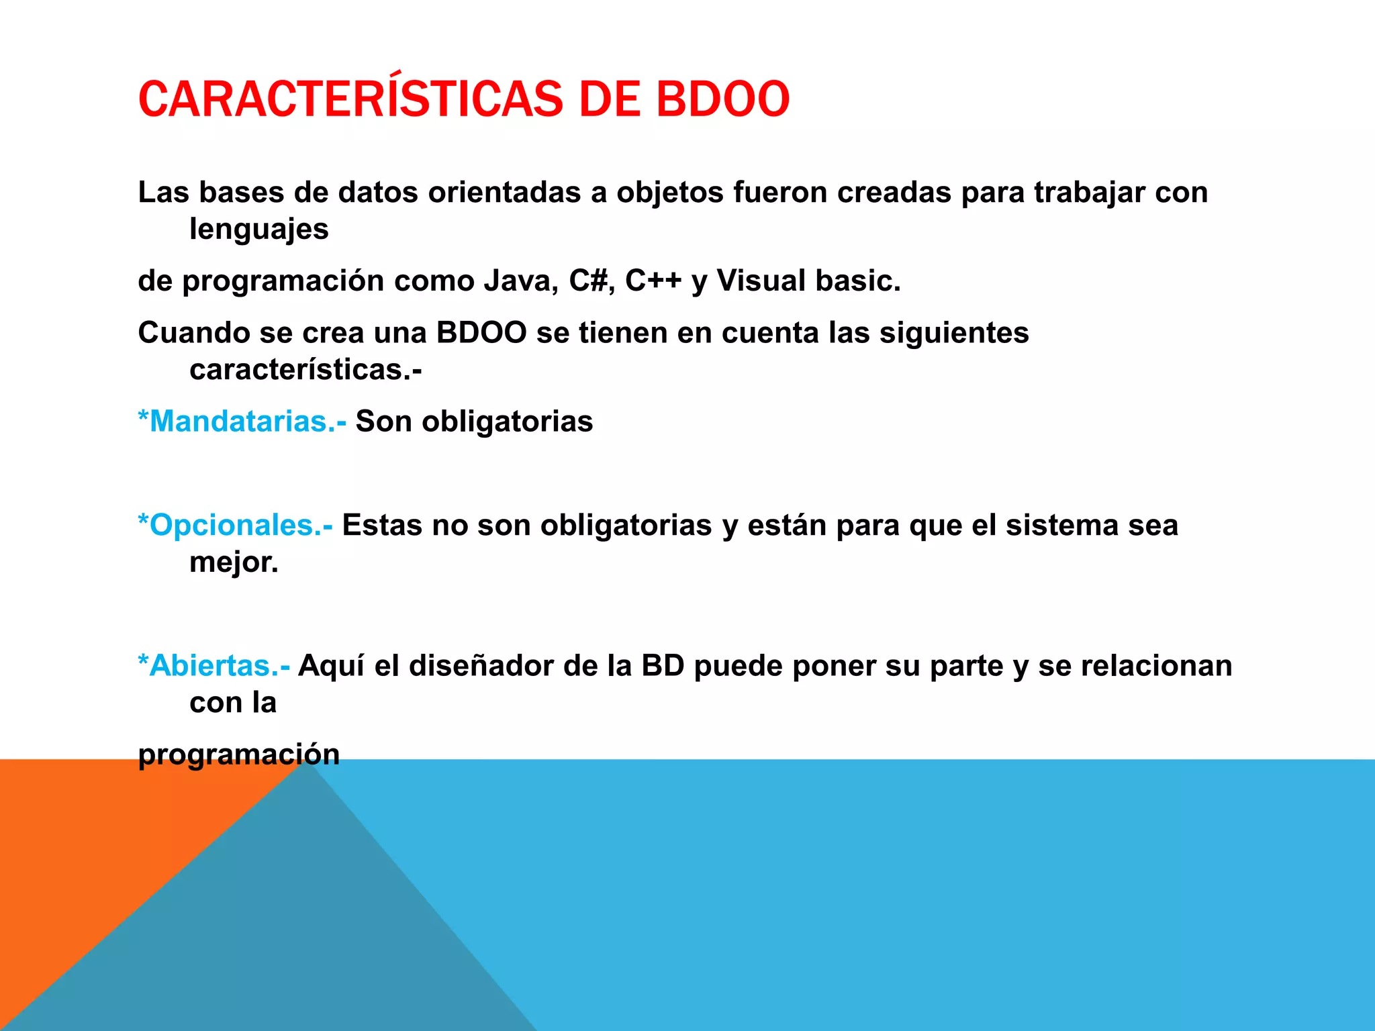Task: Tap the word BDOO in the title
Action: tap(722, 99)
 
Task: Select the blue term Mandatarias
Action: tap(242, 422)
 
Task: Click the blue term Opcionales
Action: tap(235, 525)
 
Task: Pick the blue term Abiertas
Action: tap(214, 666)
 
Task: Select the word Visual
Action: tap(761, 281)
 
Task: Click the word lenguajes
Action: tap(259, 229)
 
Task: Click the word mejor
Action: tap(234, 562)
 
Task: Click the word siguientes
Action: tap(954, 333)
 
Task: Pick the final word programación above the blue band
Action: tap(239, 754)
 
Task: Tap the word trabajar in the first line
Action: tap(1089, 193)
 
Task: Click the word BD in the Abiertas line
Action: tap(663, 666)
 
